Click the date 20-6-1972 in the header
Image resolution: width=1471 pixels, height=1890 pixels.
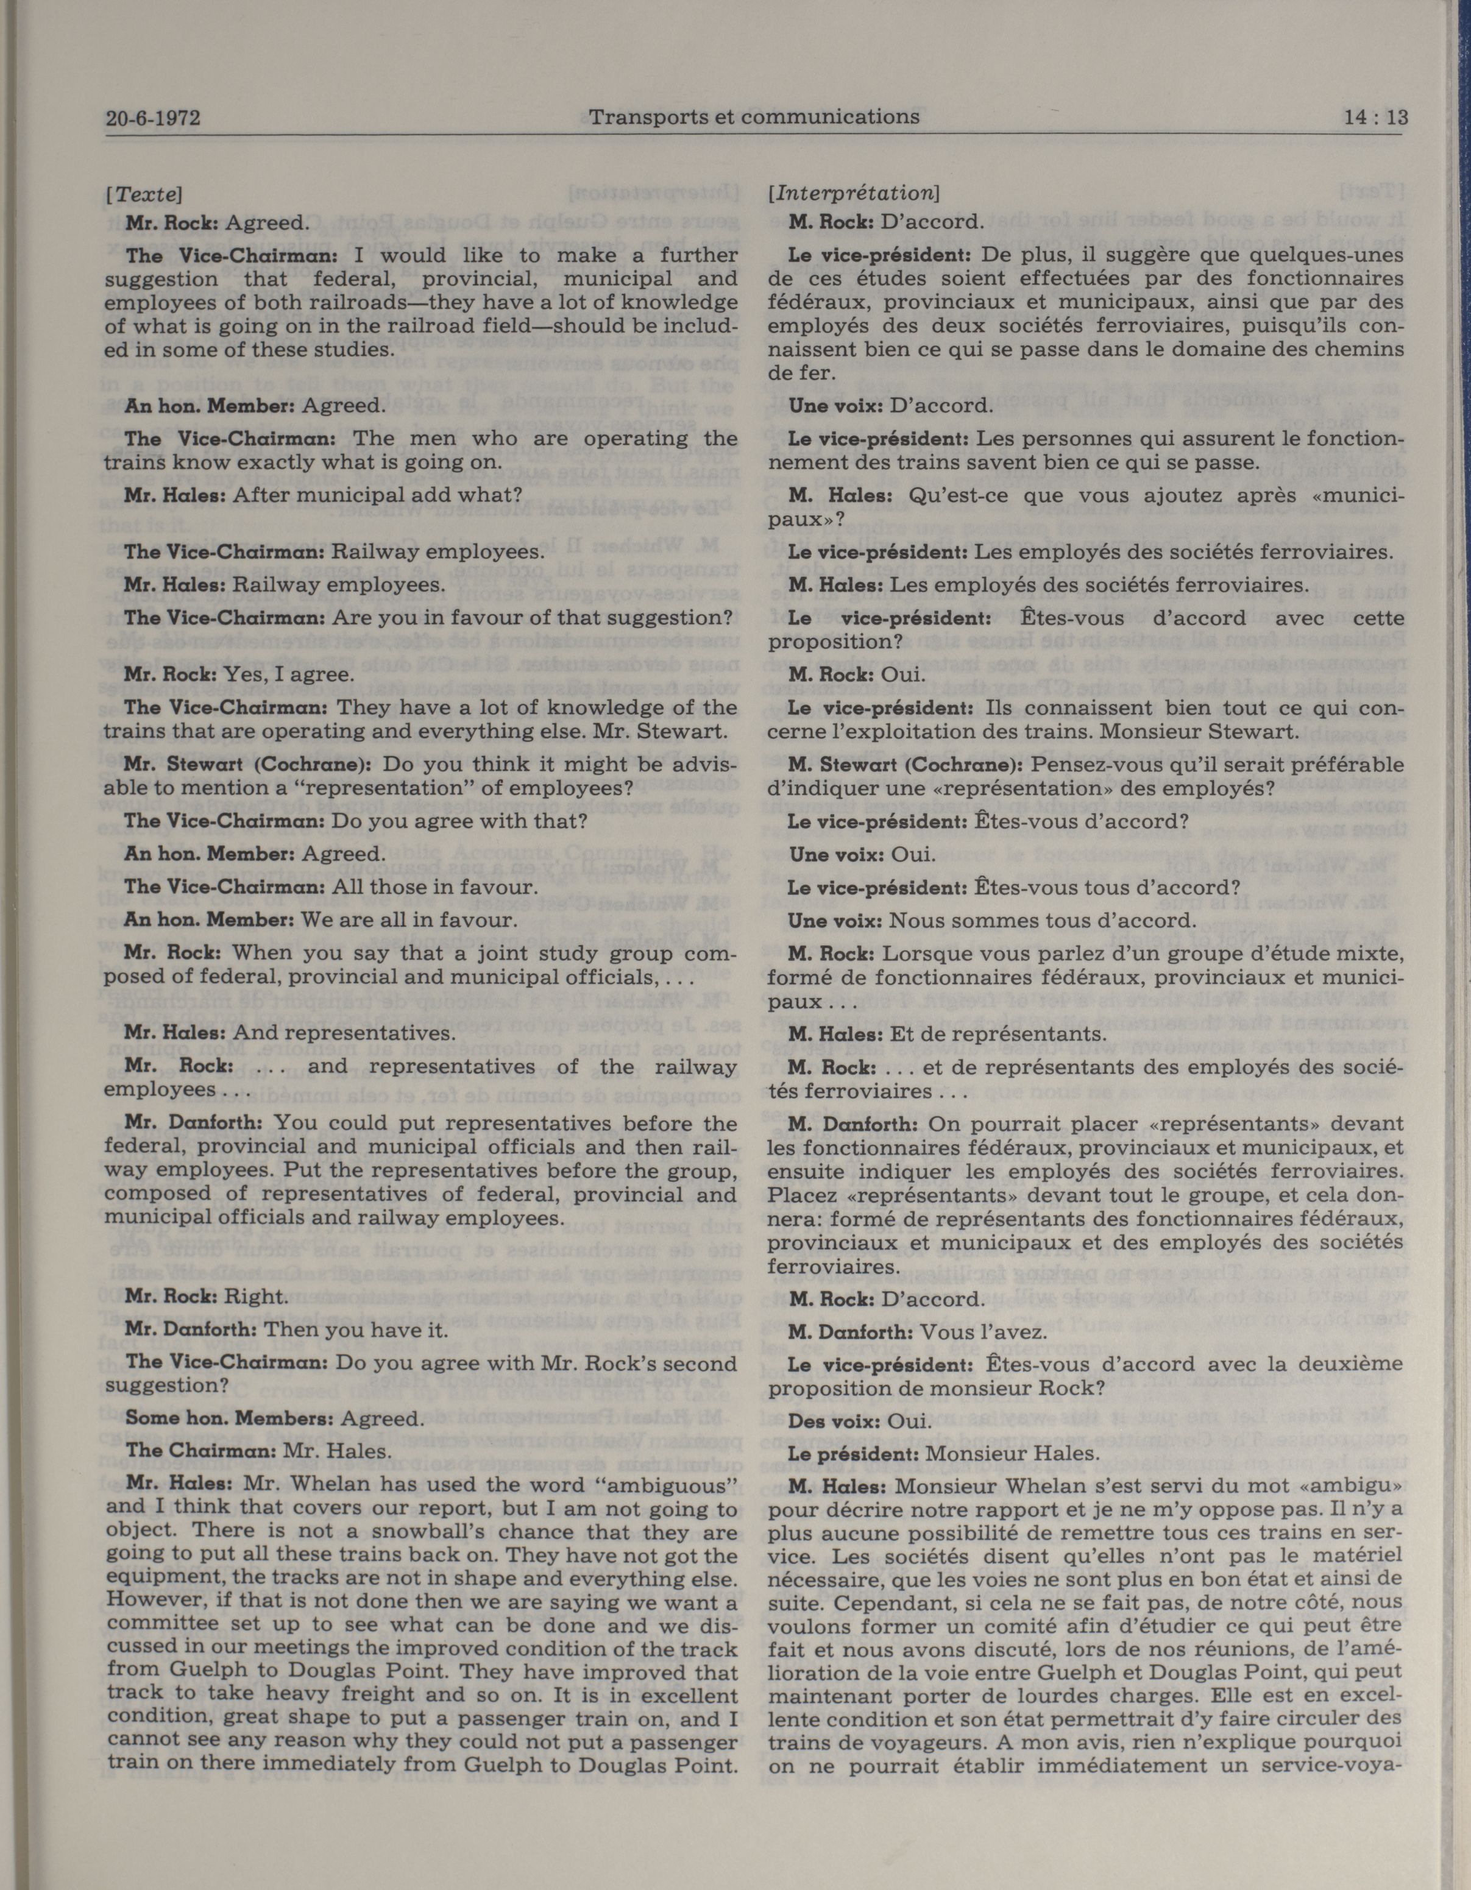point(152,118)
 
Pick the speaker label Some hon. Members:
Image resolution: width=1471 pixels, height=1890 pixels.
point(230,1418)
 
